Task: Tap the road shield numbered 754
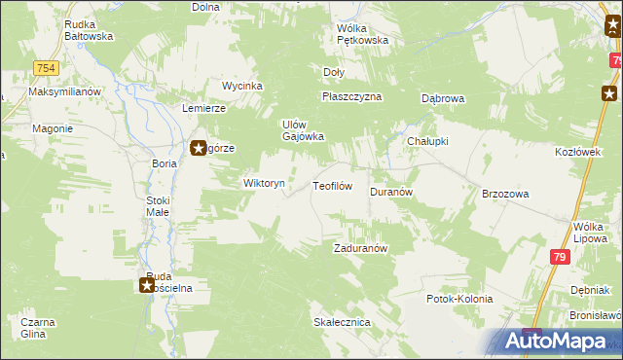(x=45, y=67)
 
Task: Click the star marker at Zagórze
(x=197, y=149)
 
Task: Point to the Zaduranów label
(x=361, y=248)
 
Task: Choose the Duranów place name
(x=392, y=193)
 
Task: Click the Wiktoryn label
(x=264, y=183)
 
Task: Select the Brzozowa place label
(x=505, y=194)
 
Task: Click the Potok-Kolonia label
(x=459, y=299)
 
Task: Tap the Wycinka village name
(x=242, y=86)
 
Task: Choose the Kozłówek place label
(x=574, y=154)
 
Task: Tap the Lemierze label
(x=204, y=108)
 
